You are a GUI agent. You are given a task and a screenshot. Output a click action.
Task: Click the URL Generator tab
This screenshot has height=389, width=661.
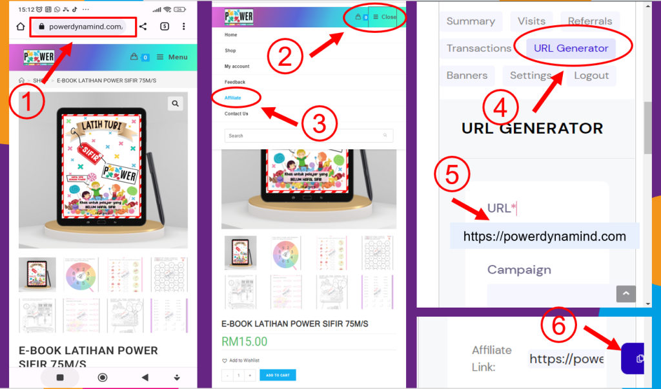pyautogui.click(x=571, y=48)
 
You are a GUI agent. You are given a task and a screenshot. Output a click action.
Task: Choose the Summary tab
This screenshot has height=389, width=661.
pyautogui.click(x=471, y=21)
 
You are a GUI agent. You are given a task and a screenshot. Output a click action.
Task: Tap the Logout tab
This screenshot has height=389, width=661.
pyautogui.click(x=591, y=76)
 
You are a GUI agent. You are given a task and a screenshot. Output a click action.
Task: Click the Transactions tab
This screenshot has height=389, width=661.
pyautogui.click(x=478, y=48)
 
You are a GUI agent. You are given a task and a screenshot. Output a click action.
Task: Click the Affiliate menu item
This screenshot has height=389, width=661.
pyautogui.click(x=232, y=98)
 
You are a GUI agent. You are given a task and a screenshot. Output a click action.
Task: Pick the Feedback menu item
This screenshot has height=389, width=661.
pyautogui.click(x=235, y=82)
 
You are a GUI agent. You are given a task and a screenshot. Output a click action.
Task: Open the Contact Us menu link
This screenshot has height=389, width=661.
pyautogui.click(x=236, y=114)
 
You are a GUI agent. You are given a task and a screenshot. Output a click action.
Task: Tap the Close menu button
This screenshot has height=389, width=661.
pyautogui.click(x=385, y=17)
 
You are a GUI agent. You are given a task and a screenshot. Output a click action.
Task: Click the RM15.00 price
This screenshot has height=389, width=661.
pyautogui.click(x=244, y=341)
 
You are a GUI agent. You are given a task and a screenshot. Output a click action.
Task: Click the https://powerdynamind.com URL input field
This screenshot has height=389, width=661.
pyautogui.click(x=544, y=237)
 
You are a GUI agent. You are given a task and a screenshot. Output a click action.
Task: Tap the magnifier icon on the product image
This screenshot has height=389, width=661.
pyautogui.click(x=175, y=103)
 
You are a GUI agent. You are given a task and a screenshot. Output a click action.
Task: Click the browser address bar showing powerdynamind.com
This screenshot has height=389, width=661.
pyautogui.click(x=85, y=26)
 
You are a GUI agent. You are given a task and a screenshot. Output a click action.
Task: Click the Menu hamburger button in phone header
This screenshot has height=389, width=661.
pyautogui.click(x=172, y=57)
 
